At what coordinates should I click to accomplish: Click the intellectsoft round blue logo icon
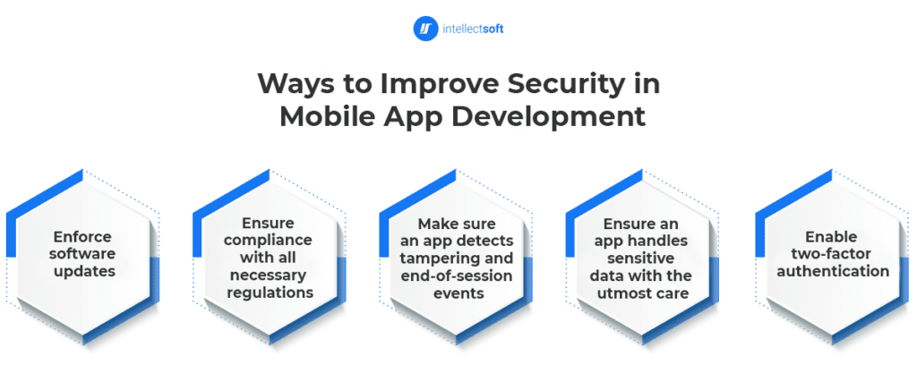[x=425, y=29]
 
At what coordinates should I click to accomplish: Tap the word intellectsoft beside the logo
[x=473, y=29]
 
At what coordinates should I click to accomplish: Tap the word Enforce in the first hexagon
[x=81, y=237]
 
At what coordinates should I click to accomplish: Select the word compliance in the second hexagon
[x=270, y=241]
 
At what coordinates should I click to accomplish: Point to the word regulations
[x=270, y=293]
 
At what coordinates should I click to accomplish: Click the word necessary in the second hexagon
[x=270, y=275]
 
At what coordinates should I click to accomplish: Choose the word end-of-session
[x=457, y=276]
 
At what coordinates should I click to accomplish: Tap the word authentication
[x=833, y=272]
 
